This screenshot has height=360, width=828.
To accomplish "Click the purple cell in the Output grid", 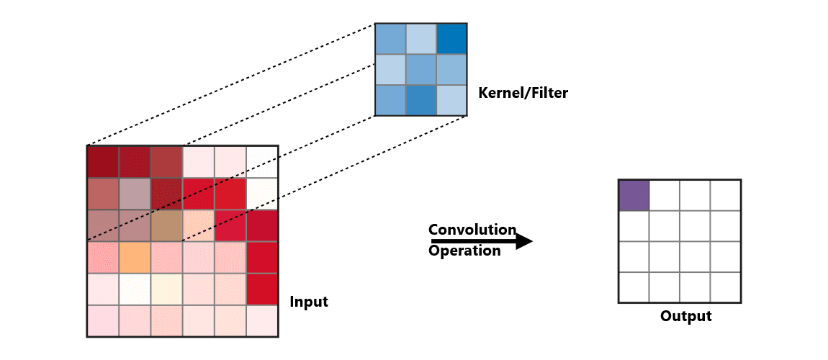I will (634, 195).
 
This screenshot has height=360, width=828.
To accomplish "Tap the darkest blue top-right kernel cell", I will (451, 39).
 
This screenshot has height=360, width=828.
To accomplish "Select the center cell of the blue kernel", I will (421, 69).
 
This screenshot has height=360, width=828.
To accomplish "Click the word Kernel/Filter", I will (523, 93).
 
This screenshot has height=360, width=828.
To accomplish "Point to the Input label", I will (308, 302).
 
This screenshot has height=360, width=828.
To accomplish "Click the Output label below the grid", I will (685, 316).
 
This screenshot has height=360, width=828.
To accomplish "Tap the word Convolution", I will (472, 230).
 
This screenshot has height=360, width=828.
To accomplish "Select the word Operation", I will (464, 251).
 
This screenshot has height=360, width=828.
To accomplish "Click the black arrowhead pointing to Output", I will (525, 241).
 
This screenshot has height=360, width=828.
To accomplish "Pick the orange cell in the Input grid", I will (134, 257).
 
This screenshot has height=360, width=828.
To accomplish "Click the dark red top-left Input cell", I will (102, 161).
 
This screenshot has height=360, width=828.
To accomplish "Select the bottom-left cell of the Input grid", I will (102, 320).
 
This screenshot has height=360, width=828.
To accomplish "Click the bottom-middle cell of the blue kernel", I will (421, 100).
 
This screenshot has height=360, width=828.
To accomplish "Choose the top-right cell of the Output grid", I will (726, 195).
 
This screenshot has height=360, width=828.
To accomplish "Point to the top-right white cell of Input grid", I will (262, 161).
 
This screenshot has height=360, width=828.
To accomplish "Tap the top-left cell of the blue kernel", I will (390, 39).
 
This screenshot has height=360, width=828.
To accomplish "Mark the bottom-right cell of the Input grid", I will (262, 320).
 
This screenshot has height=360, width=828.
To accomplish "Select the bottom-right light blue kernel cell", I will (451, 100).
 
